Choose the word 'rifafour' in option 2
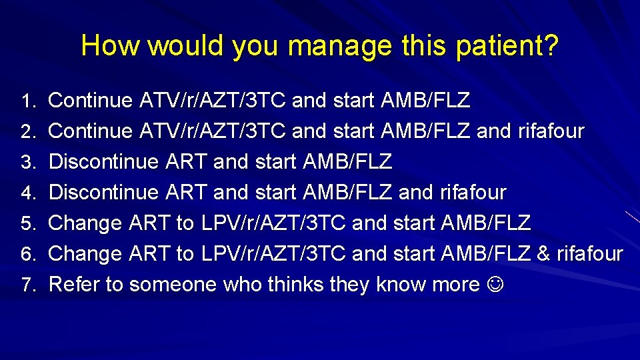[x=551, y=131]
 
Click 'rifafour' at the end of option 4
[x=473, y=193]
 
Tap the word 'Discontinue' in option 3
[x=104, y=162]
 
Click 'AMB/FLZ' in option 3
[x=347, y=162]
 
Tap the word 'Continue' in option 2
[x=91, y=131]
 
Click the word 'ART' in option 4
[x=185, y=193]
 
